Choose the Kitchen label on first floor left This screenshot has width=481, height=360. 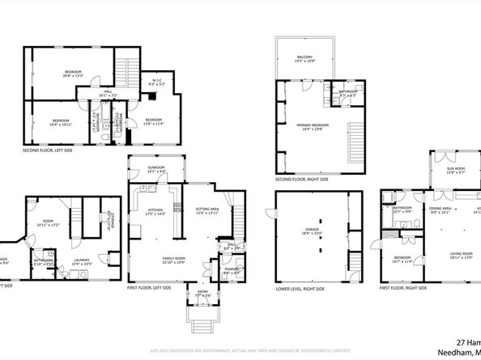click(155, 212)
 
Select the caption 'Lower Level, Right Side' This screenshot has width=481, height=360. click(300, 289)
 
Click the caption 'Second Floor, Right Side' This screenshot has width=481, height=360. click(301, 179)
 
